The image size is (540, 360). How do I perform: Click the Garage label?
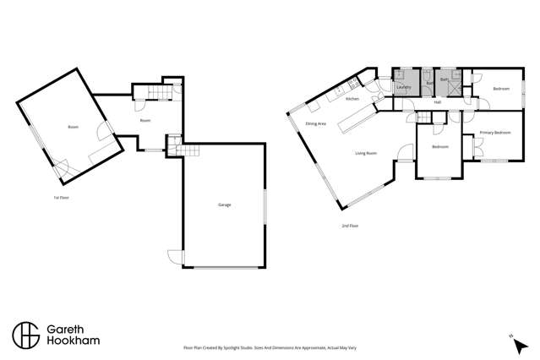(x=225, y=205)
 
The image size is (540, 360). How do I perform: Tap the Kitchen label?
(x=352, y=100)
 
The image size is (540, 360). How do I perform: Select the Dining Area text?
(x=316, y=124)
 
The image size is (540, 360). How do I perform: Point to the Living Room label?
(x=365, y=153)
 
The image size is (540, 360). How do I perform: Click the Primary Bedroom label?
(x=495, y=133)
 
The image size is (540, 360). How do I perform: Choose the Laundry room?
(x=404, y=86)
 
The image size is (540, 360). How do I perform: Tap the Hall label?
(x=437, y=102)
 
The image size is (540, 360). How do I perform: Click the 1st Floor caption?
(x=61, y=197)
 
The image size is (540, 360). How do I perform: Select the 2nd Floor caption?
(x=349, y=226)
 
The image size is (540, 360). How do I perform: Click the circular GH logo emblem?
(x=25, y=334)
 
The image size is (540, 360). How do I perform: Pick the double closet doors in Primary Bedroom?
(x=477, y=149)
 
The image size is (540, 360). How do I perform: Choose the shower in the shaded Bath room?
(x=456, y=76)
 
